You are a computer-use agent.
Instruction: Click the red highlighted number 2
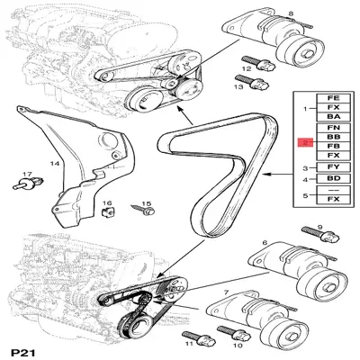[x=306, y=142]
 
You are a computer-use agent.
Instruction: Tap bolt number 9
[x=326, y=241]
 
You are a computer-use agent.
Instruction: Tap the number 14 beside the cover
[x=54, y=165]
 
